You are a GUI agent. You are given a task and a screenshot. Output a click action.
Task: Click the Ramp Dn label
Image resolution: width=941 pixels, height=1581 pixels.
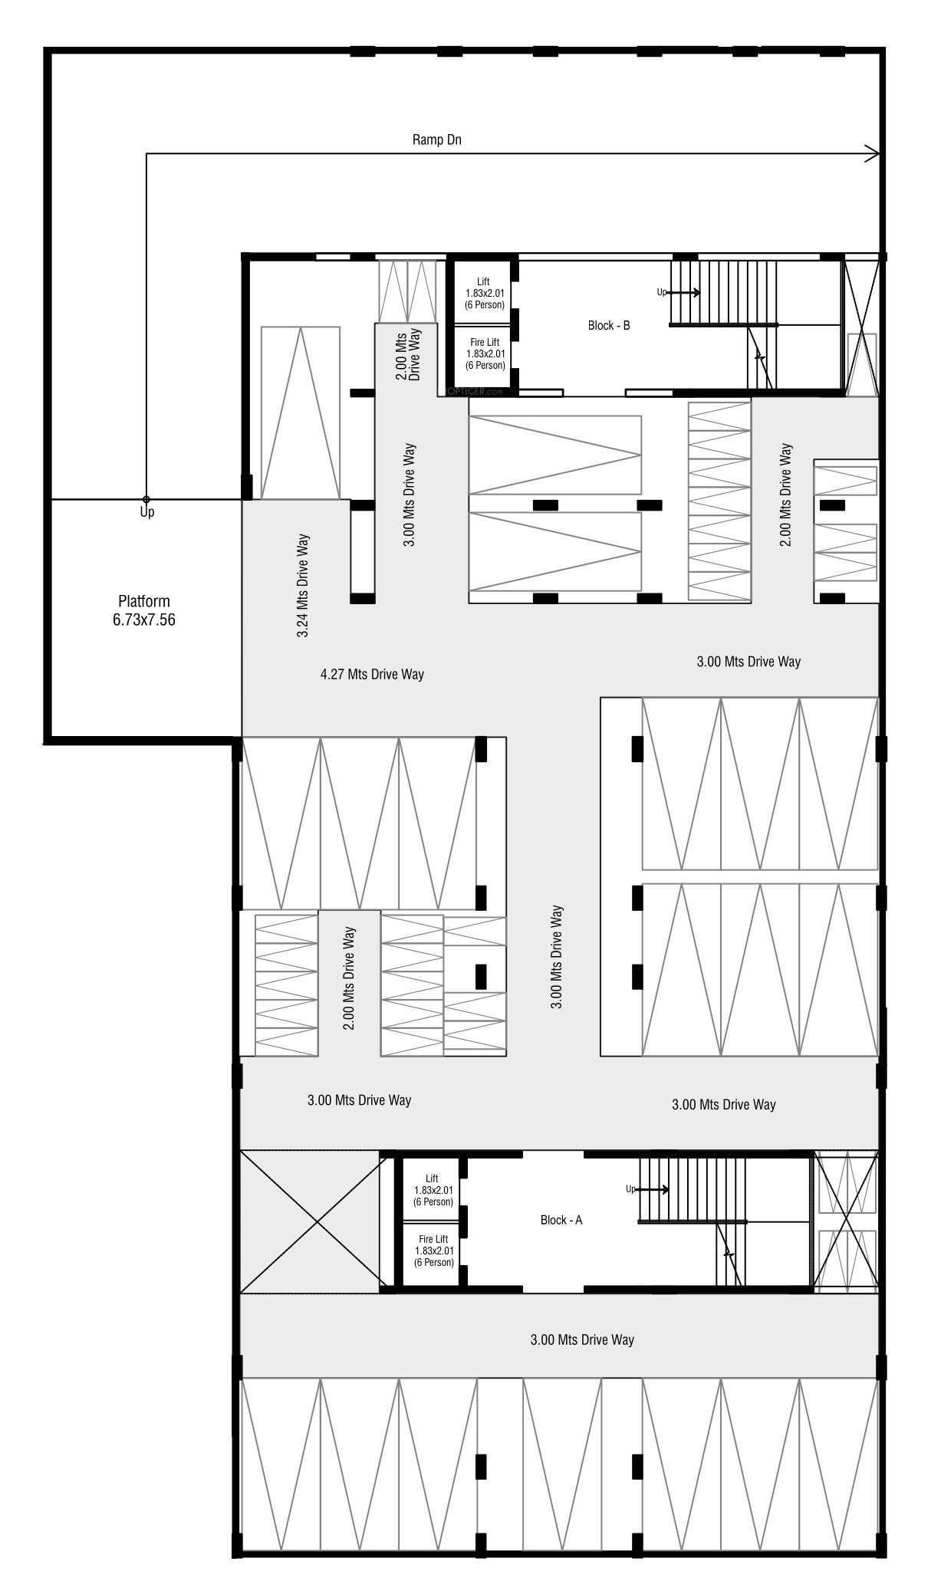click(x=437, y=140)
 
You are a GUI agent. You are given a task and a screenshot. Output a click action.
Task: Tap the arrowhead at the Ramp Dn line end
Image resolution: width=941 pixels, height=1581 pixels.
click(x=873, y=154)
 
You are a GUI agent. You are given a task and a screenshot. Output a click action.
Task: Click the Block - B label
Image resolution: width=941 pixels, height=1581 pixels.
click(x=609, y=325)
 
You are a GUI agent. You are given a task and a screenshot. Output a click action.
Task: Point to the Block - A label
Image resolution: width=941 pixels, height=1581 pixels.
click(x=561, y=1220)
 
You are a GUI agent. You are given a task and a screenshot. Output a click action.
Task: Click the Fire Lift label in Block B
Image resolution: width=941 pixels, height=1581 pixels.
click(x=485, y=353)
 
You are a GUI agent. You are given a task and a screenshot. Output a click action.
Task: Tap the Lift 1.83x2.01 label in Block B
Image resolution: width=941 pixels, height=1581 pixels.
click(x=485, y=294)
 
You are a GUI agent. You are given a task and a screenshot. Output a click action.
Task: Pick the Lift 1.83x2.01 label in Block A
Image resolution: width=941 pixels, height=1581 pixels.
click(x=433, y=1190)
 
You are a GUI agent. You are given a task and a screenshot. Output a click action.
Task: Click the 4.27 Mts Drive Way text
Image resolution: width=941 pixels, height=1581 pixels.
click(x=372, y=674)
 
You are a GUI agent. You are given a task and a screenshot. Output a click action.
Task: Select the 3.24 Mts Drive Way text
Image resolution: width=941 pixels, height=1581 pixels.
click(x=304, y=586)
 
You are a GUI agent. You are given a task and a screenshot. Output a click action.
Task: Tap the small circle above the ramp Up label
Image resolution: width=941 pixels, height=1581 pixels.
click(x=146, y=499)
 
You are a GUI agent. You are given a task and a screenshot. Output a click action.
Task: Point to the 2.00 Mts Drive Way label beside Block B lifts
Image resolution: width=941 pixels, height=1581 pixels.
click(x=407, y=353)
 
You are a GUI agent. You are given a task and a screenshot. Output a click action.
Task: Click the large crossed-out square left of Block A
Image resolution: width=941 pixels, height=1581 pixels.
click(x=313, y=1221)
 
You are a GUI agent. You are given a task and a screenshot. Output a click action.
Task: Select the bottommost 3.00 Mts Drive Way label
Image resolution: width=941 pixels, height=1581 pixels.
click(x=582, y=1339)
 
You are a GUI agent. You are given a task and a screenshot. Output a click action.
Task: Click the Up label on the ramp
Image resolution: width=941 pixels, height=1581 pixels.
click(x=146, y=511)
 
